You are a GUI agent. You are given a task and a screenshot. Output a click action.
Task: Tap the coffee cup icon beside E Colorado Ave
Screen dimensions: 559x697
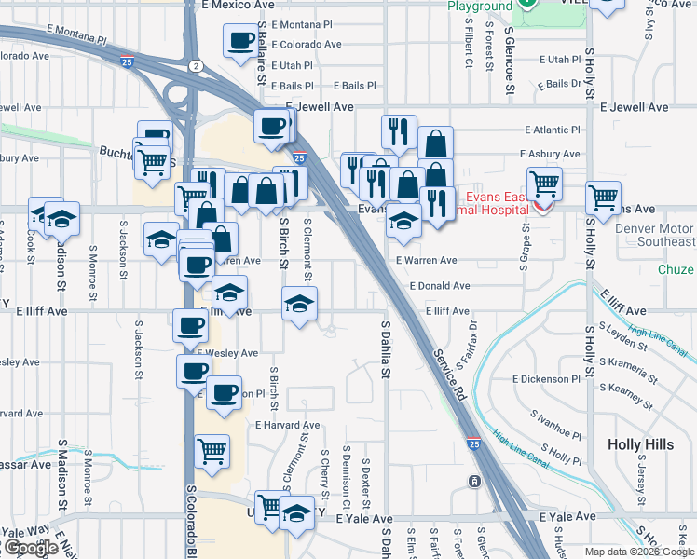coord(240,40)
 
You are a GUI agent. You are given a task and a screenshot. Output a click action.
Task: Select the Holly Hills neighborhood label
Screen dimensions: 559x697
coord(640,444)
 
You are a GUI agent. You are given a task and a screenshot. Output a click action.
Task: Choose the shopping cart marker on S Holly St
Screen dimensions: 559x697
coord(604,198)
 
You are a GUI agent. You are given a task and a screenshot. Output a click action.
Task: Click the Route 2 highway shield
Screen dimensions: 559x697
coord(194,65)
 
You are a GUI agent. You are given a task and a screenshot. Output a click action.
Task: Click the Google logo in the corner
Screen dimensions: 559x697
coord(30,548)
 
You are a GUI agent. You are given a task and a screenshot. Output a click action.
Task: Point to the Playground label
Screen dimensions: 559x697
coord(480,7)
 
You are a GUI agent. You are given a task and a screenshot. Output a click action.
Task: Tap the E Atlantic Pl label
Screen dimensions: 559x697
coord(552,130)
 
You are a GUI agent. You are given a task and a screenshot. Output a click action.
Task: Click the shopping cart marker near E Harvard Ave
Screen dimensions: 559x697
coord(212,451)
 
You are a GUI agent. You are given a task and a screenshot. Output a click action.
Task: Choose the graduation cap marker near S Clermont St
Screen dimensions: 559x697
coord(298,304)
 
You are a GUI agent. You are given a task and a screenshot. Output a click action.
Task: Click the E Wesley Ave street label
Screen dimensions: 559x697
coord(227,353)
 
